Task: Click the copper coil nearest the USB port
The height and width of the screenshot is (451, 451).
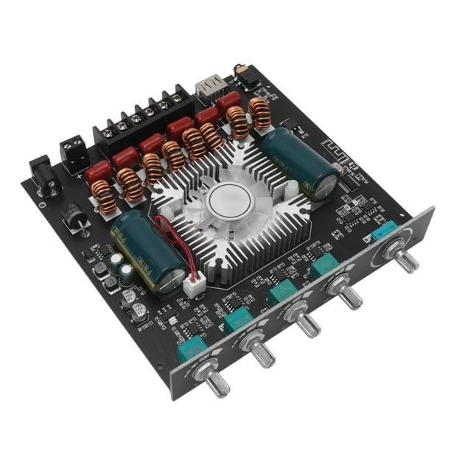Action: tap(259, 113)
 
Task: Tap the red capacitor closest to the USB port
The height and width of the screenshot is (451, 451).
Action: tap(228, 102)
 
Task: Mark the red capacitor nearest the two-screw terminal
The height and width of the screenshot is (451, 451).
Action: tap(98, 172)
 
